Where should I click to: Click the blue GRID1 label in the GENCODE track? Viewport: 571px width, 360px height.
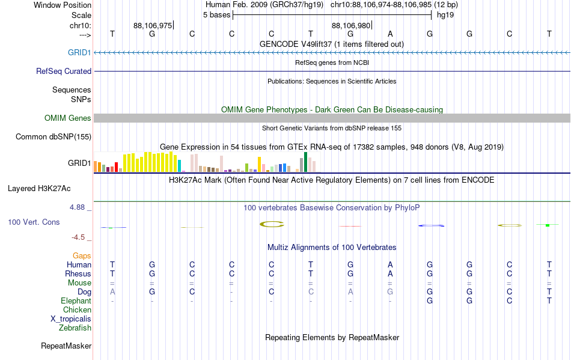tap(79, 52)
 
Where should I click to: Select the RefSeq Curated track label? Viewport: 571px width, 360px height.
tap(64, 71)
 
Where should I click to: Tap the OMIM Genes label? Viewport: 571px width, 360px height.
tap(68, 118)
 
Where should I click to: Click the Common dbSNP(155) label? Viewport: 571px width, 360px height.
tap(53, 137)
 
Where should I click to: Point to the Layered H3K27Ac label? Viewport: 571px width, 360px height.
tap(39, 189)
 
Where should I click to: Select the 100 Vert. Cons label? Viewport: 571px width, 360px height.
tap(34, 222)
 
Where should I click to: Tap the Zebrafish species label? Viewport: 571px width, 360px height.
tap(75, 328)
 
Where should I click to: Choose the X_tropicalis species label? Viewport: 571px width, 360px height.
tap(71, 319)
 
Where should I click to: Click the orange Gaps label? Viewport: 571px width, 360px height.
tap(82, 256)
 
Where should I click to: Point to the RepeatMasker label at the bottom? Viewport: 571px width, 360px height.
tap(66, 346)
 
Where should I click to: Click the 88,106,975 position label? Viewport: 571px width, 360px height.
tap(153, 25)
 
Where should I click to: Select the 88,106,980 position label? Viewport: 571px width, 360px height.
tap(351, 25)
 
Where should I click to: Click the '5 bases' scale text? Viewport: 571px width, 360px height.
tap(216, 15)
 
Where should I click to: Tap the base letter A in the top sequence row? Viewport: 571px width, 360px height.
tap(390, 34)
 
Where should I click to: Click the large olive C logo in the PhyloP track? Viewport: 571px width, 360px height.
tap(272, 224)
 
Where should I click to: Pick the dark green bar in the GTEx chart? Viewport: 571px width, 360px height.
tap(305, 162)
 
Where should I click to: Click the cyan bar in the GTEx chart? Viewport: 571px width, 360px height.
tap(179, 166)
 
